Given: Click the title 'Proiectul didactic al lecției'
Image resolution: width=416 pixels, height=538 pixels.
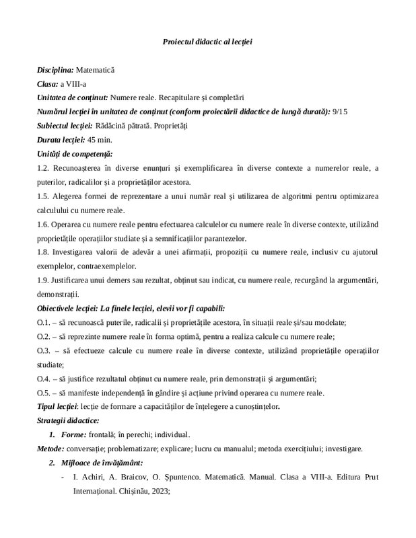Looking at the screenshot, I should coord(207,42).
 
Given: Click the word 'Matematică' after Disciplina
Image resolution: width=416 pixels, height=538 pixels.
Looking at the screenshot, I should coord(96,70).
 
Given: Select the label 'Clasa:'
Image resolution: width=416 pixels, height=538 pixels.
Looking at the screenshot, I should coord(48,83).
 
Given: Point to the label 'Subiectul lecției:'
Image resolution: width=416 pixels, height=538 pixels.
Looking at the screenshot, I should coord(65,125).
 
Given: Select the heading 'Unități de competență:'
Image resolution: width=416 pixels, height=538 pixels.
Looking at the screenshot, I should coord(75,153).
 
